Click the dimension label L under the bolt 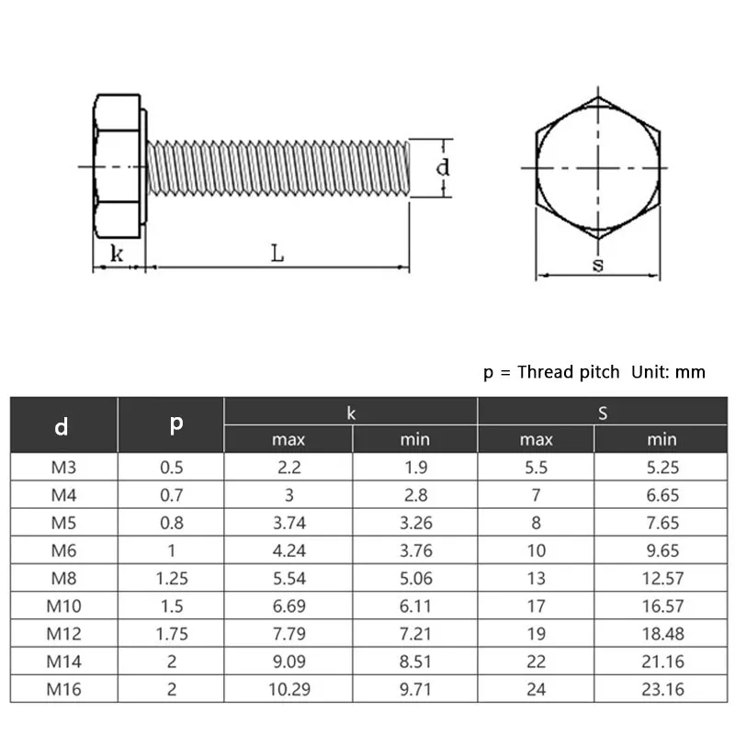(x=277, y=254)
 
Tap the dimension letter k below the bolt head (x=117, y=254)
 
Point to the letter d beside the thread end (x=442, y=167)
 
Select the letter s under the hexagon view (x=598, y=266)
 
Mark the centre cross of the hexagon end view (x=598, y=168)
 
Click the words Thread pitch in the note (x=571, y=371)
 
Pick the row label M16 (x=63, y=688)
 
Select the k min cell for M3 (x=414, y=467)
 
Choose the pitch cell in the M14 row (x=171, y=661)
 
